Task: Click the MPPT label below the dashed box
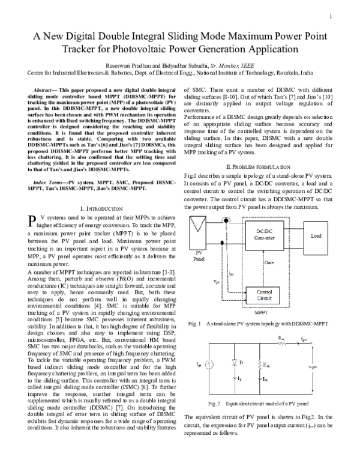point(262,313)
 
